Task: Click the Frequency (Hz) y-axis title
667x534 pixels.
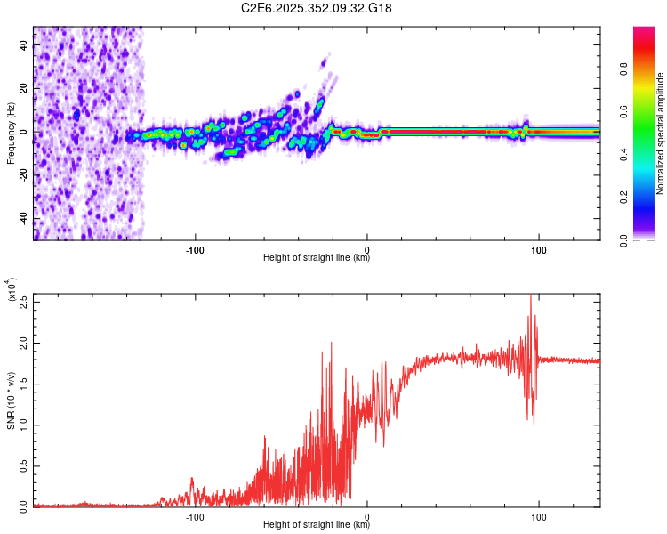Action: (11, 133)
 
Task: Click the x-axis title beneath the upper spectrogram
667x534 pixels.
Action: (317, 258)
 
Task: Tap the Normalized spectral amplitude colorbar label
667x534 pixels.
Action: (661, 133)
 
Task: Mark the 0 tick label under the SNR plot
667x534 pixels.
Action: (367, 515)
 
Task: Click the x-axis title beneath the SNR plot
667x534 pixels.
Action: (317, 525)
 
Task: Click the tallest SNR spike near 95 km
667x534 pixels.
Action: (531, 296)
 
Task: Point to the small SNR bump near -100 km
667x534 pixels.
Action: (192, 480)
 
